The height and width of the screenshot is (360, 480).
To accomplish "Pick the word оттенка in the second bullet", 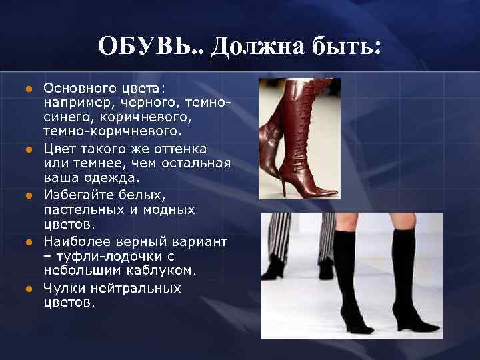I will (x=181, y=149).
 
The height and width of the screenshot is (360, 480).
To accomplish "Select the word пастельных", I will (x=83, y=209).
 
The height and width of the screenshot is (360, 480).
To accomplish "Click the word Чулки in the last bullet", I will (x=63, y=288).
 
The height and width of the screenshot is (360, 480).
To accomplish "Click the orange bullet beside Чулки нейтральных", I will (x=29, y=289).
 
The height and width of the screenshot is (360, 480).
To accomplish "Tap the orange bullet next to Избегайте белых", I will (x=29, y=196).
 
